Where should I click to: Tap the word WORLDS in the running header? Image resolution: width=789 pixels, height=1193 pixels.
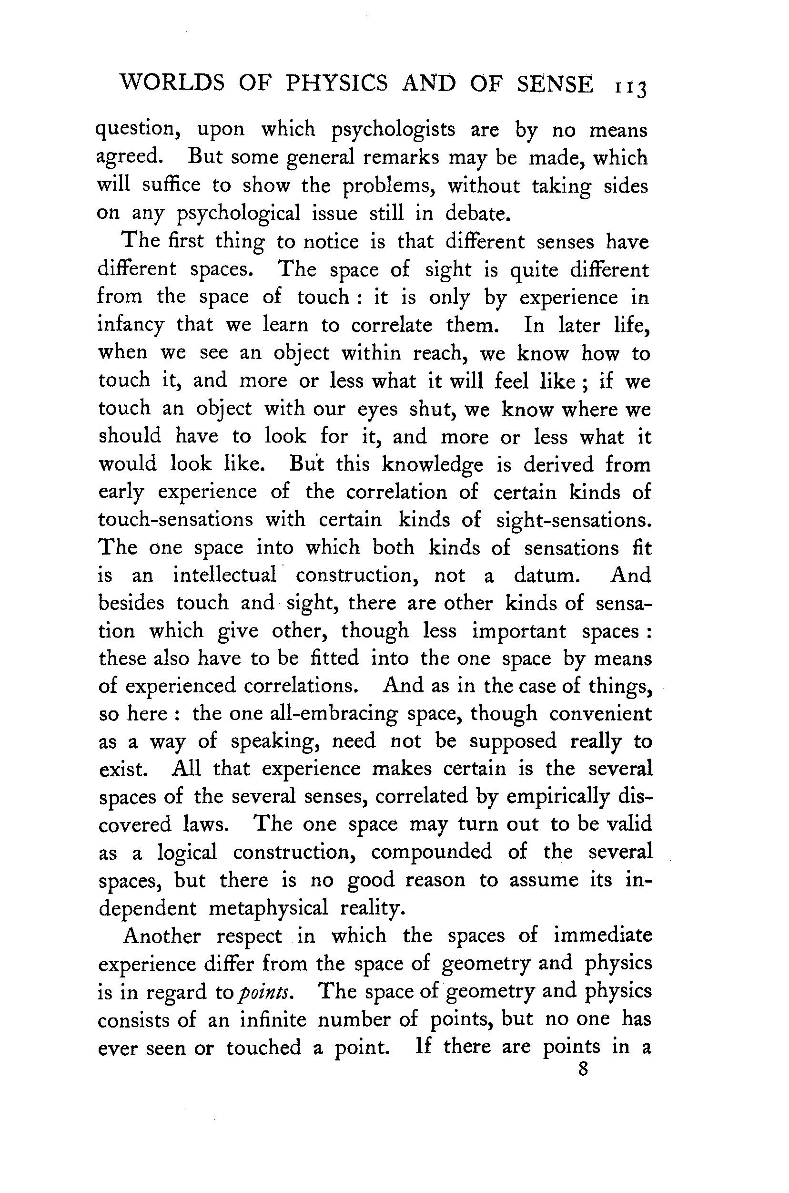[x=171, y=83]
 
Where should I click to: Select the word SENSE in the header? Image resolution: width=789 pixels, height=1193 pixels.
[x=555, y=84]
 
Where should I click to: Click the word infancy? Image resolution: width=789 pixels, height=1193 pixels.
[x=131, y=325]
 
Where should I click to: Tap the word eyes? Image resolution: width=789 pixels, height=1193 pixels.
[x=377, y=410]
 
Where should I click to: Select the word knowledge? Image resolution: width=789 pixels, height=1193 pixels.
[x=432, y=465]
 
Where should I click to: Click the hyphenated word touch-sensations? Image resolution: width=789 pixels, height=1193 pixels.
[x=176, y=519]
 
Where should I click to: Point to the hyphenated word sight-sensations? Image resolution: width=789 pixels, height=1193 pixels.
[x=574, y=520]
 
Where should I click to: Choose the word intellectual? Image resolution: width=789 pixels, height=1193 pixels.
[x=225, y=575]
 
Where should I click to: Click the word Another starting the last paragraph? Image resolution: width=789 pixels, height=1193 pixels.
[x=162, y=936]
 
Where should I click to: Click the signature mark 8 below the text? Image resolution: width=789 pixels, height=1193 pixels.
[x=583, y=1069]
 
